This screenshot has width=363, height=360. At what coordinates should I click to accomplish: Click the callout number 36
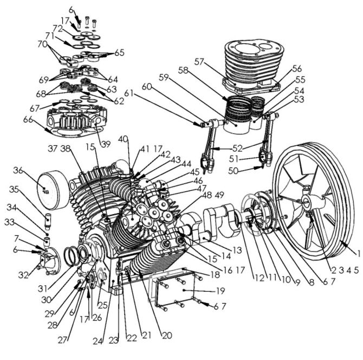click(x=18, y=171)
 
